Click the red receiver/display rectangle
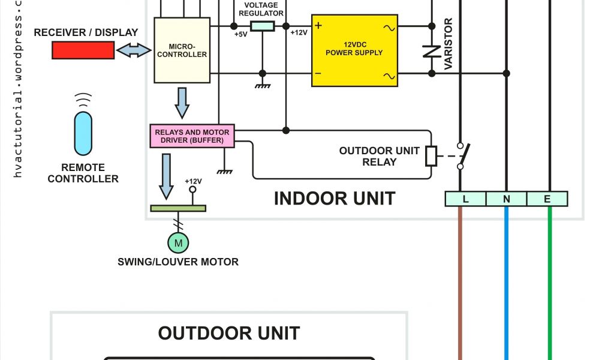click(x=83, y=51)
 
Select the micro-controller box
click(x=182, y=50)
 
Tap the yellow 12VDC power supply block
click(x=354, y=50)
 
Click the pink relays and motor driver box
click(x=192, y=136)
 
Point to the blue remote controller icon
click(x=83, y=133)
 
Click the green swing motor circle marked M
click(x=177, y=242)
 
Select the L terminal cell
click(x=465, y=199)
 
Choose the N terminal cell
click(x=506, y=199)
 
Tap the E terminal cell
click(x=547, y=199)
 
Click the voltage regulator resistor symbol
click(x=262, y=26)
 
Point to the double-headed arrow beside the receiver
click(x=134, y=51)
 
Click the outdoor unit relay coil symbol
click(x=431, y=155)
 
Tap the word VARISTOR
click(x=448, y=44)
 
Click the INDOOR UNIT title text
click(x=334, y=199)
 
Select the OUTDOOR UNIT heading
click(x=229, y=333)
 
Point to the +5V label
click(x=240, y=34)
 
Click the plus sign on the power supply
click(x=318, y=26)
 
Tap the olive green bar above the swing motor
click(x=177, y=208)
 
